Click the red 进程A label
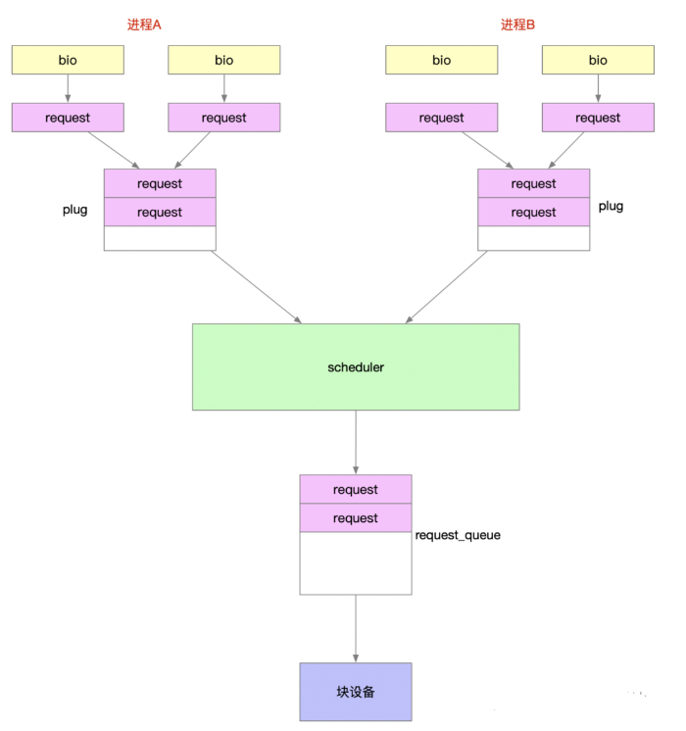[144, 24]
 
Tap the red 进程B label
[518, 24]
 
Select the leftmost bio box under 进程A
[68, 60]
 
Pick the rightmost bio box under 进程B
[598, 60]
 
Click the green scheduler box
[356, 367]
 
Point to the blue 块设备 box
[356, 692]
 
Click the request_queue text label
[458, 536]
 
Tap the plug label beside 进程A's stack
[75, 210]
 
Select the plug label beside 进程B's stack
[611, 207]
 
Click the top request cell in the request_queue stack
[356, 489]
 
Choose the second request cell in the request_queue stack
[356, 518]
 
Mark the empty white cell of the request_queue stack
[356, 563]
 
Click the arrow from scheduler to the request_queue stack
[356, 442]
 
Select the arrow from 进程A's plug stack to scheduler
[256, 286]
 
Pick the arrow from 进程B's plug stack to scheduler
[457, 286]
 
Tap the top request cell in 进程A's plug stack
[160, 183]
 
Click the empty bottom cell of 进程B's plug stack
[533, 238]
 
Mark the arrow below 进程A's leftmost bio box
[68, 88]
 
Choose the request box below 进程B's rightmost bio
[598, 118]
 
